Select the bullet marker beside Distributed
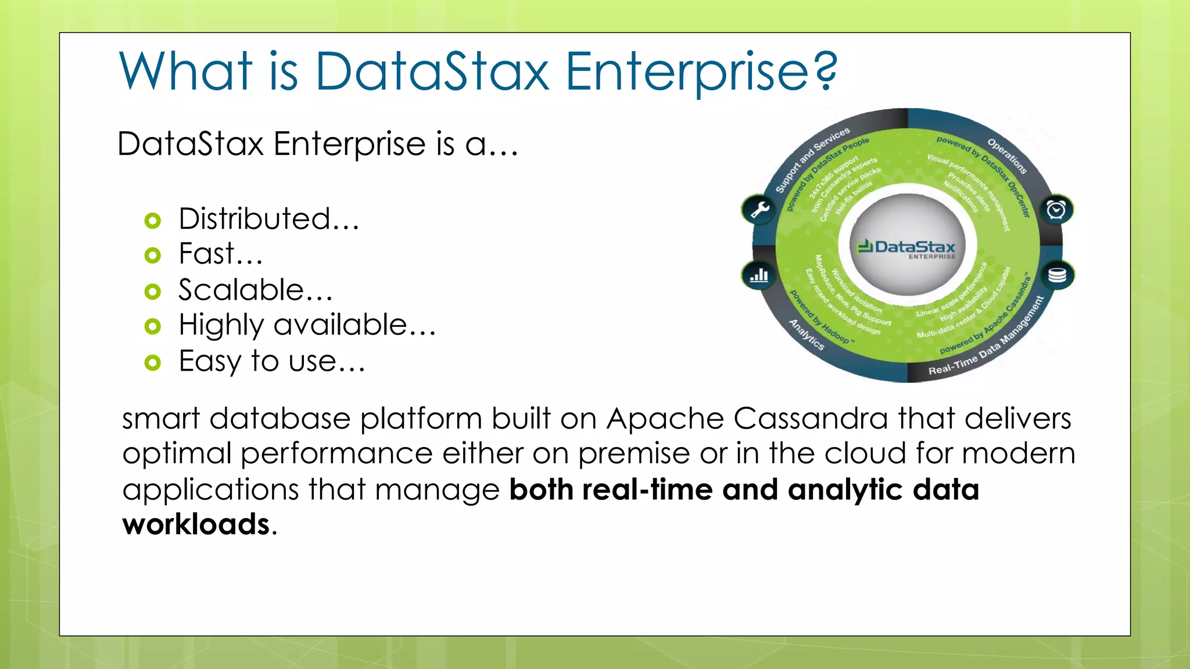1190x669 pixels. tap(152, 221)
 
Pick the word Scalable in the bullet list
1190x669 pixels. tap(241, 290)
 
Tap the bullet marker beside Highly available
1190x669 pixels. tap(152, 326)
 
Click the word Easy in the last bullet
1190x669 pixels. tap(209, 362)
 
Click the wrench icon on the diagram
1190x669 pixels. tap(759, 209)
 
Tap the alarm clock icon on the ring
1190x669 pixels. tap(1056, 209)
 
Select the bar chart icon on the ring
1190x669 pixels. tap(759, 275)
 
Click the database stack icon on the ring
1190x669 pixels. tap(1057, 275)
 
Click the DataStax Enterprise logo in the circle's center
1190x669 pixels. tap(906, 249)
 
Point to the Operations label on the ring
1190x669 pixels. tap(1007, 156)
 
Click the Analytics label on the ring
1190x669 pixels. tap(807, 334)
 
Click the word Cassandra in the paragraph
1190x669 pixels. tap(811, 419)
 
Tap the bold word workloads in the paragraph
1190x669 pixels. tap(196, 524)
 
